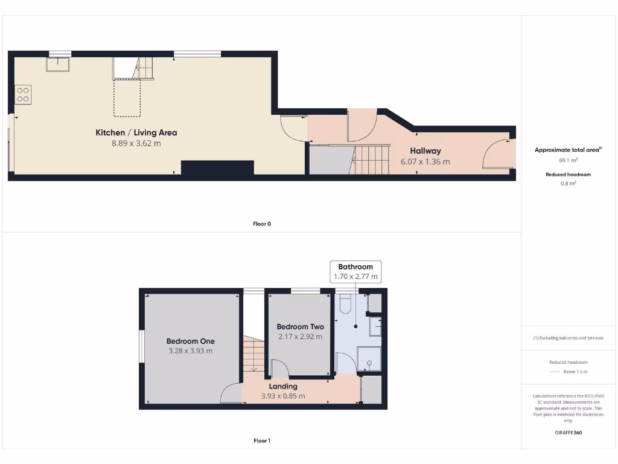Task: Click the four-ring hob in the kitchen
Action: coord(23,94)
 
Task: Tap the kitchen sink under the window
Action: coord(59,64)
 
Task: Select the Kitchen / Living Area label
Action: coord(136,132)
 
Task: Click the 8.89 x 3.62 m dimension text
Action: coord(136,144)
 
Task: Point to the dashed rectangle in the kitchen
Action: coord(127,98)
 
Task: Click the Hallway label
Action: coord(425,151)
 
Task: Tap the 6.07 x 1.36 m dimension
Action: coord(425,162)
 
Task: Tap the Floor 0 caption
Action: coord(262,224)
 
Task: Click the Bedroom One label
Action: coord(190,341)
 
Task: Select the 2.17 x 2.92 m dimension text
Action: coord(300,337)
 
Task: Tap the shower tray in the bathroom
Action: coord(369,359)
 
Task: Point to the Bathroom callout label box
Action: coord(355,271)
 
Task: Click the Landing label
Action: coord(283,386)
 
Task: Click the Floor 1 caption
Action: coord(262,440)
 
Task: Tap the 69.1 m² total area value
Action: coord(568,161)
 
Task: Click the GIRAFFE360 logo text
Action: coord(569,433)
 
